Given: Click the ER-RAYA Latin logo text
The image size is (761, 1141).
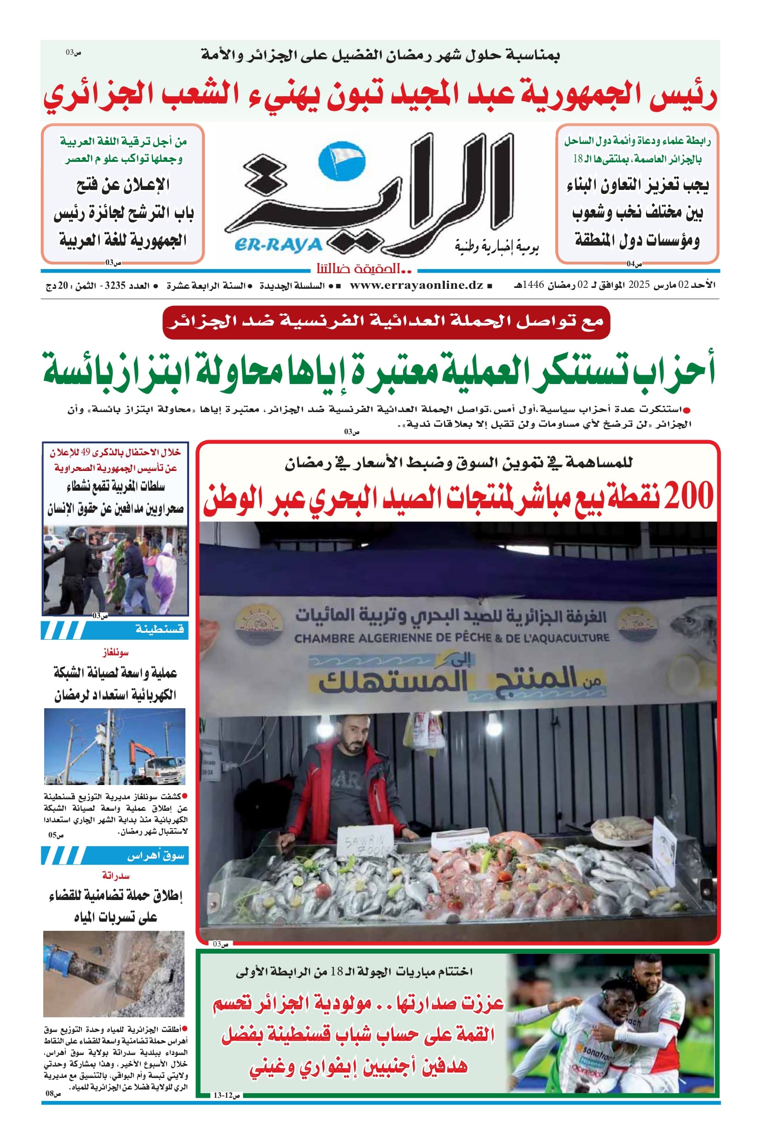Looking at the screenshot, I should pos(278,245).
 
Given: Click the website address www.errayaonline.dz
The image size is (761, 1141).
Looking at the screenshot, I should pos(416,285).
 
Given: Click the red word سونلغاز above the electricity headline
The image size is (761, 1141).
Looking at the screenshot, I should pos(115,653).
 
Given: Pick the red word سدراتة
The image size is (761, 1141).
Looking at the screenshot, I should pos(115,876).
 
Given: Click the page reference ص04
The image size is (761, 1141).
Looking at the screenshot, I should pos(634,264).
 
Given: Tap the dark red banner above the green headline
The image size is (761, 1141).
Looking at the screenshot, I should pos(386,322).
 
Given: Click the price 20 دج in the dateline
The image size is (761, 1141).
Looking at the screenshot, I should pos(57,286).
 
